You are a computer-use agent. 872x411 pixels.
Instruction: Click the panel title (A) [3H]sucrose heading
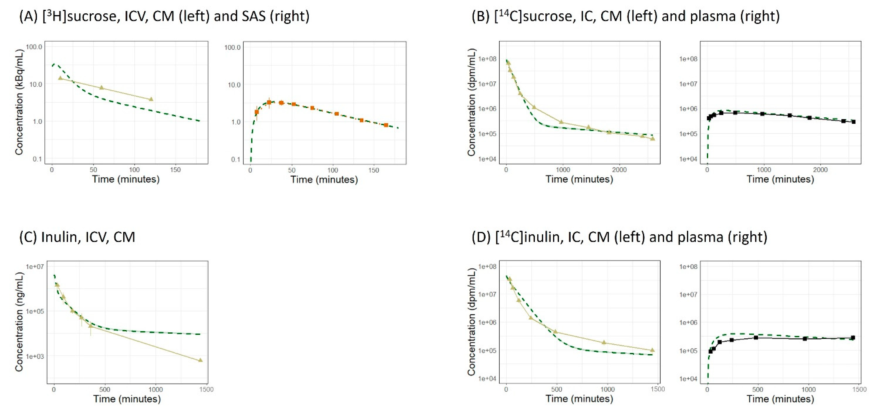coord(164,16)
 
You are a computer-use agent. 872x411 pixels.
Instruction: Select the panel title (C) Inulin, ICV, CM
coord(77,237)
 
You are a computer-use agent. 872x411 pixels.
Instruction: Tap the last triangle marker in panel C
coord(200,360)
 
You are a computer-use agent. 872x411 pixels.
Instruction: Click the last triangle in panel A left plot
coord(151,99)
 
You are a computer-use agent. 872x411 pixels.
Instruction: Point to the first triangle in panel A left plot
coord(60,78)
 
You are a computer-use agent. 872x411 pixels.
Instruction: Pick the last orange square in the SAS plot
coord(386,125)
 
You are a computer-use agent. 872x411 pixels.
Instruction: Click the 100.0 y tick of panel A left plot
coord(34,47)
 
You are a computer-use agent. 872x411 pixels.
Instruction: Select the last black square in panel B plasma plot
coord(853,122)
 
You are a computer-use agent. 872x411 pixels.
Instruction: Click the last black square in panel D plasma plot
coord(853,337)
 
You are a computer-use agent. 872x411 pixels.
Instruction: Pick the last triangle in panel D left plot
coord(652,350)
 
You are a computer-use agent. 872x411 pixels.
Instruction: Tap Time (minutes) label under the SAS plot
coord(324,180)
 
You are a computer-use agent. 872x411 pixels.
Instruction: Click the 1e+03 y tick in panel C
coord(35,356)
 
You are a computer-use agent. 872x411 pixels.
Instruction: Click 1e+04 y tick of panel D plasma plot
coord(688,378)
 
